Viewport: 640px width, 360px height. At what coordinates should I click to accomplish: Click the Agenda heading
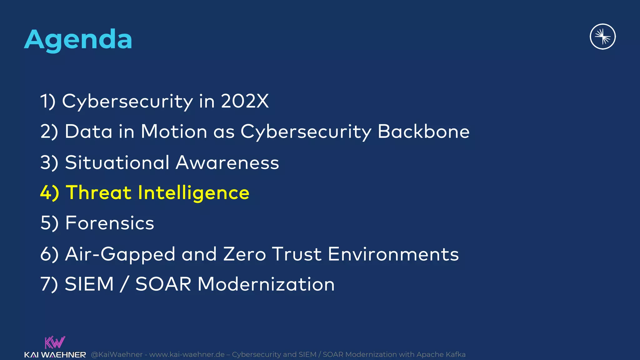78,40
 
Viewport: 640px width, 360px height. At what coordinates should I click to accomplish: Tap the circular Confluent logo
602,37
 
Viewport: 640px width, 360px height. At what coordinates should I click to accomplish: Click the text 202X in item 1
245,101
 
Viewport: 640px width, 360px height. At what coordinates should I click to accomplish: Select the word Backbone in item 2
423,131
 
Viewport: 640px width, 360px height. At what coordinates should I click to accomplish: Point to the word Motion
174,131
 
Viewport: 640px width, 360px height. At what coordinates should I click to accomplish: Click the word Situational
117,162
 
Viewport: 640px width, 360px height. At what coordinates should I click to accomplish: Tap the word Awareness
227,162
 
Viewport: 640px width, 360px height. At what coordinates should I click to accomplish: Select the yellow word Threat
98,192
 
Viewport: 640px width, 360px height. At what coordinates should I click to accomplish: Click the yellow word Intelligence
193,192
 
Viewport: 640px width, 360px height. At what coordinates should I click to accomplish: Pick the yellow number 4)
49,192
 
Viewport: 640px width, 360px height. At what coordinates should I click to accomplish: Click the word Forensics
110,223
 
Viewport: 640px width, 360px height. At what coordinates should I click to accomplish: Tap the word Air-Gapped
120,254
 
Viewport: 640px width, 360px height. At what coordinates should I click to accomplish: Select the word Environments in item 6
393,254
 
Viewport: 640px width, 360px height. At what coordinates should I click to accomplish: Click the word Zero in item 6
244,254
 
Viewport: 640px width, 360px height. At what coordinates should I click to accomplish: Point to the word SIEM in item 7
89,284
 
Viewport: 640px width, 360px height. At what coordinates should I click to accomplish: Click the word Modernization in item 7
266,284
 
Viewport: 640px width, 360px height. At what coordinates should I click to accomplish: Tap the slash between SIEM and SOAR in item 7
124,284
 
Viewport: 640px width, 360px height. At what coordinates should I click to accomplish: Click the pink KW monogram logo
55,342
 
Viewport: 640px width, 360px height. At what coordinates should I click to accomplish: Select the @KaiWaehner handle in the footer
117,354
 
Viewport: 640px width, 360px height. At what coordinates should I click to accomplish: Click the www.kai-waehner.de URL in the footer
187,354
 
